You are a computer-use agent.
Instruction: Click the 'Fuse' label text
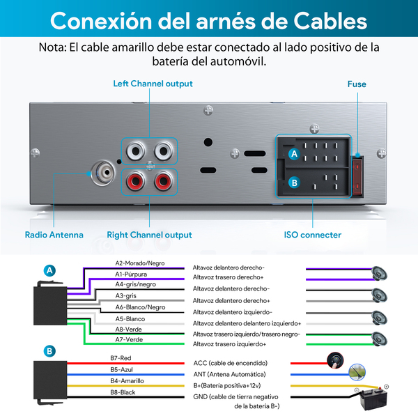[357, 84]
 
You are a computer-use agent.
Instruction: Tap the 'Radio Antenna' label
[54, 235]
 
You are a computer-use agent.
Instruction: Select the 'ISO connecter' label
[312, 235]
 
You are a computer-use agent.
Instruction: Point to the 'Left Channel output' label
[153, 84]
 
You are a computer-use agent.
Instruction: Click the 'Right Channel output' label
[149, 235]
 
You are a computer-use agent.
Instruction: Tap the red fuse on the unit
[357, 176]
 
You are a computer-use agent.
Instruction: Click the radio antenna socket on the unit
[103, 173]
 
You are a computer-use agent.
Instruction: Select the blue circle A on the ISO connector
[294, 153]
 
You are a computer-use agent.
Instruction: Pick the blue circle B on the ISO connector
[294, 183]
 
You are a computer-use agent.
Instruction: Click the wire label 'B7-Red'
[121, 358]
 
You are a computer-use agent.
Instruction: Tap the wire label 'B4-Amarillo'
[127, 381]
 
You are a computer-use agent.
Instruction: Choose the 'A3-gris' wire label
[125, 295]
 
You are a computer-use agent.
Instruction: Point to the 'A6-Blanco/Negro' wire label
[140, 307]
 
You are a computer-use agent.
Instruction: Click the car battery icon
[373, 398]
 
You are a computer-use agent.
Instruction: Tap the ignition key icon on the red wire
[335, 360]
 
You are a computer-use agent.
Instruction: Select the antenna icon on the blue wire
[357, 372]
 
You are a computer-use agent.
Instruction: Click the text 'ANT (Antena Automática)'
[229, 375]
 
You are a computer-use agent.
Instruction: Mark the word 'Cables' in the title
[330, 21]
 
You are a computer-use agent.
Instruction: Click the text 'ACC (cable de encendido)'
[231, 363]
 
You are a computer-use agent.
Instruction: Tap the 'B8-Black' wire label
[123, 392]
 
